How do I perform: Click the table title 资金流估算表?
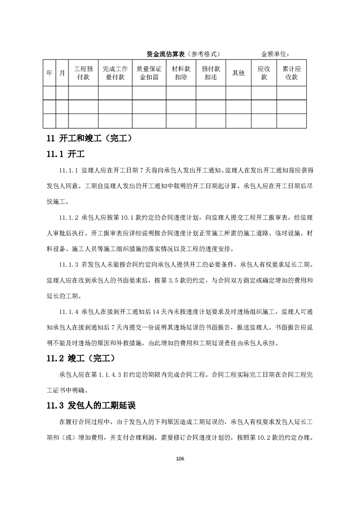point(164,54)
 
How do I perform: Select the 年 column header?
point(49,73)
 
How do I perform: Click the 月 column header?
point(62,73)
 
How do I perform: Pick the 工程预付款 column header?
point(84,73)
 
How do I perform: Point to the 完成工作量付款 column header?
point(115,73)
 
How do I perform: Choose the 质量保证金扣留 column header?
point(149,73)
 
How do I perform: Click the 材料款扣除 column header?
point(181,73)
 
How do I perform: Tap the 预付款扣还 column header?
point(211,73)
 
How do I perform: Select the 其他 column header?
point(238,73)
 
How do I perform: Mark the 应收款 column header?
point(264,73)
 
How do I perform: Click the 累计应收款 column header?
point(291,73)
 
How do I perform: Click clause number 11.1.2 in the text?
point(69,218)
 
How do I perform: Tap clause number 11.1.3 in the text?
point(69,264)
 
